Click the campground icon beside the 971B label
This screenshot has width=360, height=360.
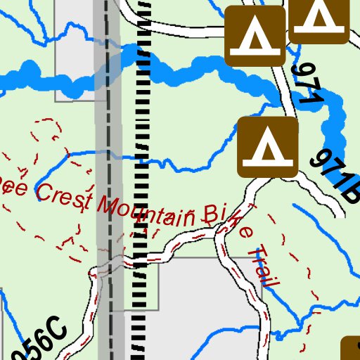tap(268, 147)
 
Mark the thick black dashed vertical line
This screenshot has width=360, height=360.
tap(141, 176)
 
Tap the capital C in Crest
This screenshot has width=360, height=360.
tap(41, 193)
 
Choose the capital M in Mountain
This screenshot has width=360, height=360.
tap(107, 205)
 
